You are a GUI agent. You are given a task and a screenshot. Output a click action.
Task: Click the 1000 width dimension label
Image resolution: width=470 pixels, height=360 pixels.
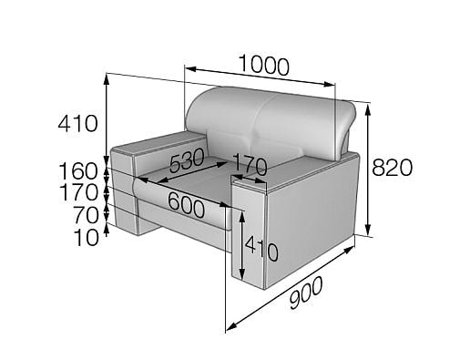point(264,65)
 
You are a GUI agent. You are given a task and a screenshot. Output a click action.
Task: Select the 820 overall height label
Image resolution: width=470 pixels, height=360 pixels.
point(393,168)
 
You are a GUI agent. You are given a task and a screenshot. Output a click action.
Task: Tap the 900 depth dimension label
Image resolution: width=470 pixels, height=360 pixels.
point(306,293)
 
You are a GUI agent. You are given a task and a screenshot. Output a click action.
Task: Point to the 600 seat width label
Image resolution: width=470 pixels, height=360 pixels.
point(186,205)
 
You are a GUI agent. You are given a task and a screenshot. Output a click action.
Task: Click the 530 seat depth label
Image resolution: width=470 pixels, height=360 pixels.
point(187,160)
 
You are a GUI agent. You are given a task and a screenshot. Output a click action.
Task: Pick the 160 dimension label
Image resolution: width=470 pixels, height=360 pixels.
point(78,171)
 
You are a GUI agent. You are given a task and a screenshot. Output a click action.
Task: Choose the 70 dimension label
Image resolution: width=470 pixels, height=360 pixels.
point(86,215)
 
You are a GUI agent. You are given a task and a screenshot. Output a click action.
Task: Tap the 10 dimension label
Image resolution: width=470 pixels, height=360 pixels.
point(87,237)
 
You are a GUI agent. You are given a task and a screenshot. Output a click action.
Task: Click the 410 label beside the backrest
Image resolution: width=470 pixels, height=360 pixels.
point(78,123)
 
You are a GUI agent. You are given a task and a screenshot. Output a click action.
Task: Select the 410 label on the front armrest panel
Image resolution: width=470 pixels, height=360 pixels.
point(261,249)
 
